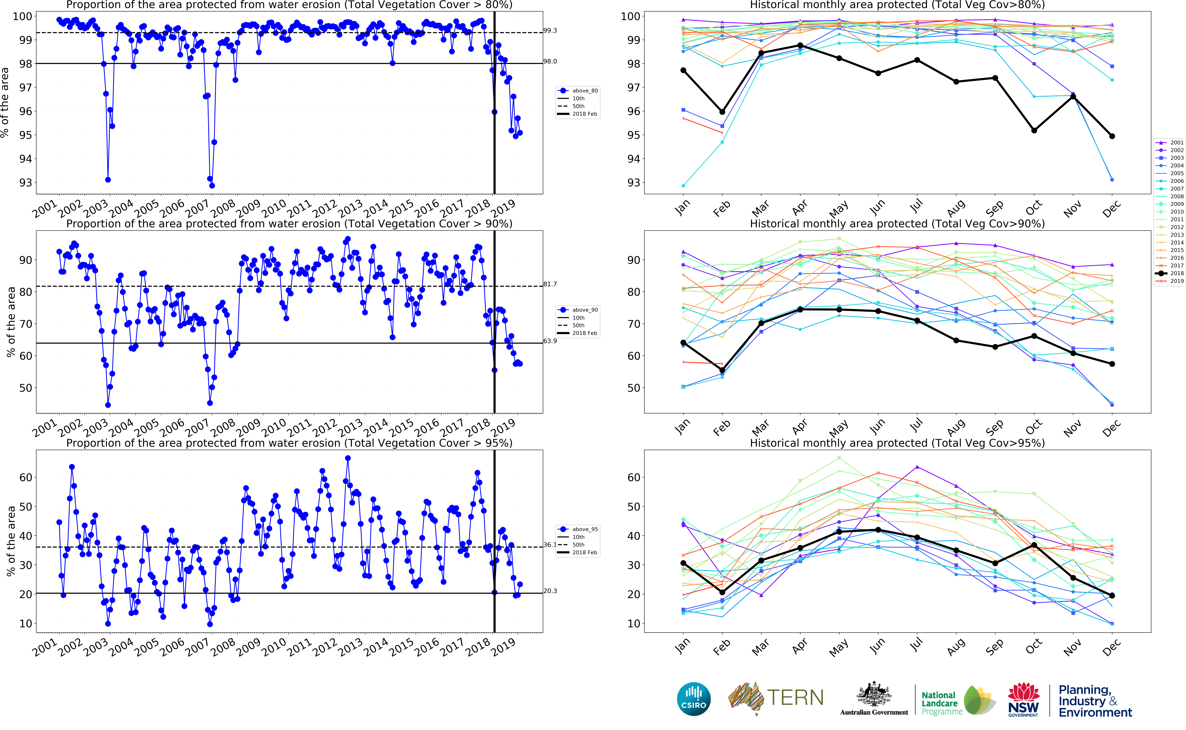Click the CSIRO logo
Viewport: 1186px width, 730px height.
(694, 699)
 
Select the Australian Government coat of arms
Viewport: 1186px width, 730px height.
(874, 695)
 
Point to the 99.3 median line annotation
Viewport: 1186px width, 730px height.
(550, 30)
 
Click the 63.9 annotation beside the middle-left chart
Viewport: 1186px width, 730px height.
(550, 341)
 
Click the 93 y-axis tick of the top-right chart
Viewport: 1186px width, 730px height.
(633, 183)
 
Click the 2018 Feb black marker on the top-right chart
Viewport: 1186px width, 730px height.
(722, 112)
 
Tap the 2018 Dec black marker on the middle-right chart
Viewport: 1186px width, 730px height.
(1112, 364)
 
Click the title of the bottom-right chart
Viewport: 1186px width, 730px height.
(897, 443)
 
